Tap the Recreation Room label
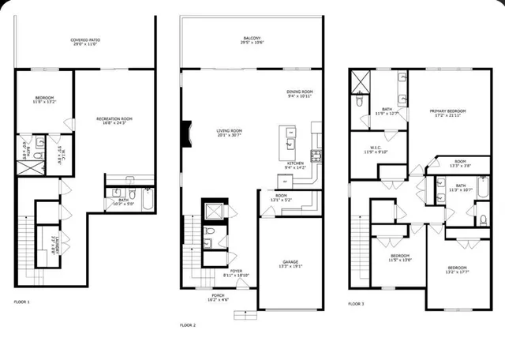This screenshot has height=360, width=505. (114, 121)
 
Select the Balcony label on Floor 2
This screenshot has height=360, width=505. (252, 39)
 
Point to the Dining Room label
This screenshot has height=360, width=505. (300, 94)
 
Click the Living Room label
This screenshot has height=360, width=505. (230, 133)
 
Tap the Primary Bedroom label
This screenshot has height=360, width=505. (447, 113)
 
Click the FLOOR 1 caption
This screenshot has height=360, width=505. (22, 302)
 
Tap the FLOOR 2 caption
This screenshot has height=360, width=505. (187, 324)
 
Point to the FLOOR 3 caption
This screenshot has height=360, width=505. (357, 303)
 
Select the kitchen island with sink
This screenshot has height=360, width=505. (289, 139)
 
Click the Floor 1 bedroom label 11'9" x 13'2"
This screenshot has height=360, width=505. (43, 100)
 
